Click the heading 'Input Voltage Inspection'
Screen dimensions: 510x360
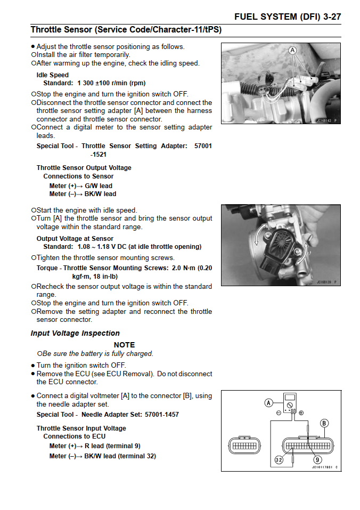pyautogui.click(x=75, y=333)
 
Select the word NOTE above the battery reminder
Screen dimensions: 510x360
pyautogui.click(x=124, y=345)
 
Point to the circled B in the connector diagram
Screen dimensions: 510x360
pyautogui.click(x=324, y=423)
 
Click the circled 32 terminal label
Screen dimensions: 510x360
pyautogui.click(x=279, y=460)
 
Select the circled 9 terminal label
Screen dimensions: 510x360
pyautogui.click(x=318, y=460)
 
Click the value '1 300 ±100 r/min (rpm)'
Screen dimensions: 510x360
pyautogui.click(x=111, y=83)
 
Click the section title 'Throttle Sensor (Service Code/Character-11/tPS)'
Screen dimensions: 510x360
pyautogui.click(x=126, y=30)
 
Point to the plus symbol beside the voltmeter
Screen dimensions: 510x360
pyautogui.click(x=301, y=413)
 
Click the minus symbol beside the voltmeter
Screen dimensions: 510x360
pyautogui.click(x=279, y=413)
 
